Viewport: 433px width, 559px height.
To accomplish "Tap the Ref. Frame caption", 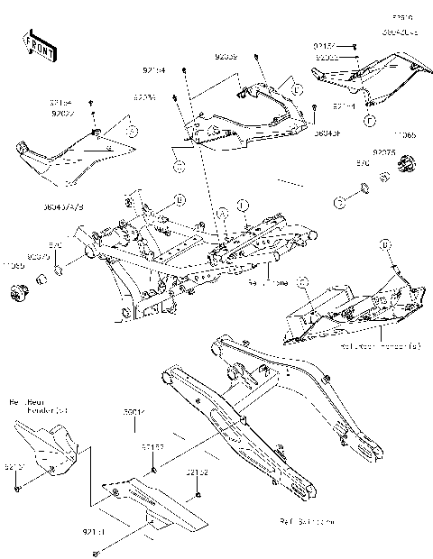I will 269,281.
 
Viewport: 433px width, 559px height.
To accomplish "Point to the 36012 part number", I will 134,412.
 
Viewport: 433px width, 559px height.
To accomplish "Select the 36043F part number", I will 327,134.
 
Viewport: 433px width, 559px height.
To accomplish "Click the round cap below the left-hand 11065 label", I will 16,293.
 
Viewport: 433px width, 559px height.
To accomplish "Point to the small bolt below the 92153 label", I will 155,469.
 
